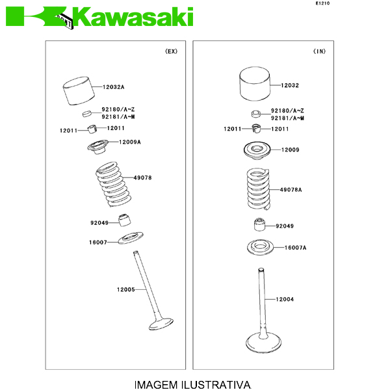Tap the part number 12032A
113,87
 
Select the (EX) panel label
172,51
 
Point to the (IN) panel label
319,51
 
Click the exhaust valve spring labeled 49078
114,185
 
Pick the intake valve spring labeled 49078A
259,188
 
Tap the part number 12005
126,289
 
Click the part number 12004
285,299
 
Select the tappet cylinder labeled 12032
255,84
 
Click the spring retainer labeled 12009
257,151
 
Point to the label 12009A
130,142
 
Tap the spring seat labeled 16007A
260,248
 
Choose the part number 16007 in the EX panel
98,242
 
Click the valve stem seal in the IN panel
259,224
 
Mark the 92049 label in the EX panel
99,223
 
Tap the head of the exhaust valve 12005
161,324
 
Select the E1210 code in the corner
322,3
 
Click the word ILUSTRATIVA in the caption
216,385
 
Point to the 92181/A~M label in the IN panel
287,118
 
